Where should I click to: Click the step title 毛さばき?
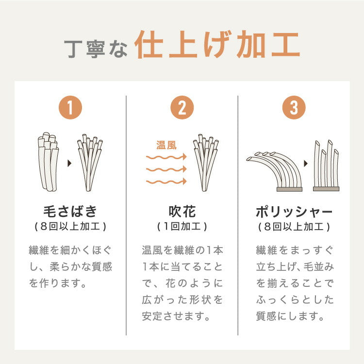pos(70,212)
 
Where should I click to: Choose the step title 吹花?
pos(182,212)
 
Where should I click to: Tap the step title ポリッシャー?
pos(294,212)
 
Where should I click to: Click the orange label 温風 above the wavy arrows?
pos(166,145)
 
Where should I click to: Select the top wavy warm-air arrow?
pos(166,157)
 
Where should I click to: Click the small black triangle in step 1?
pos(69,163)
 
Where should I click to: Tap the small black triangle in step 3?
pos(305,164)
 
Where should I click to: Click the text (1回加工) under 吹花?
pos(182,227)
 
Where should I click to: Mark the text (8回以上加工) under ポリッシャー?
pos(294,227)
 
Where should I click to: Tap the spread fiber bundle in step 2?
pos(205,163)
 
